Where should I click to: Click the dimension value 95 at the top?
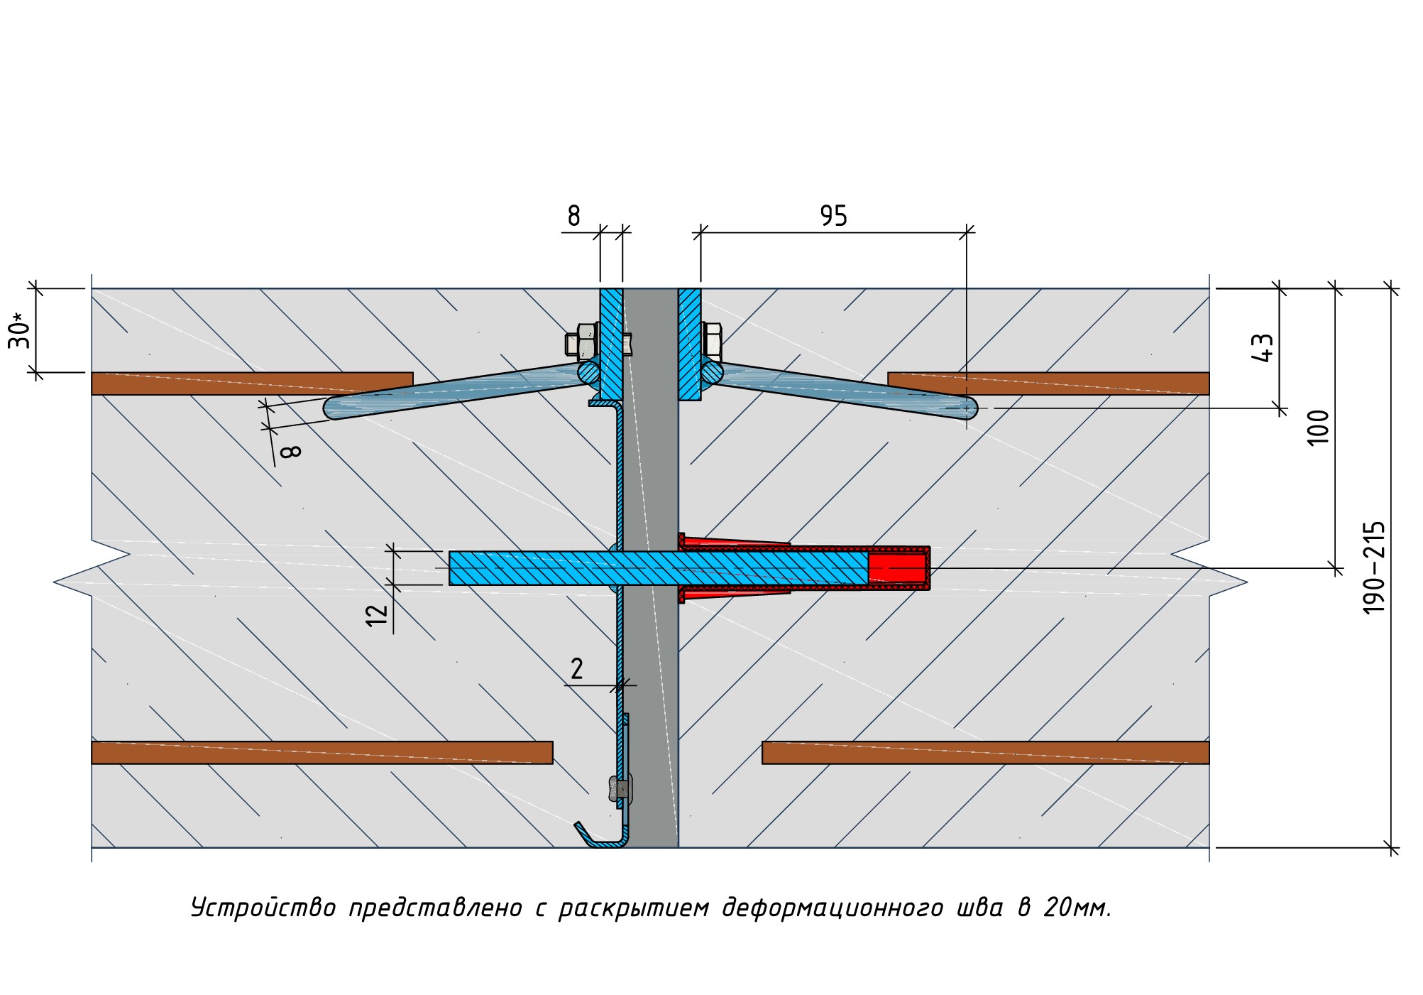pos(833,216)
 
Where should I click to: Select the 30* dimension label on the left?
pos(20,331)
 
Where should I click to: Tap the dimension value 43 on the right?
pos(1263,348)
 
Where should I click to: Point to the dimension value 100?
pos(1317,428)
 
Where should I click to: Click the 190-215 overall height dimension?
pos(1374,567)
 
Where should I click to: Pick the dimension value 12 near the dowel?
pos(378,614)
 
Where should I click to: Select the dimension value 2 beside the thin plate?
pos(577,669)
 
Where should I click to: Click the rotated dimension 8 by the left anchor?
pos(291,451)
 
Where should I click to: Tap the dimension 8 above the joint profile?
pos(573,216)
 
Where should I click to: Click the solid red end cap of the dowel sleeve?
pos(898,568)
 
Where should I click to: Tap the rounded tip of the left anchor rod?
pos(334,408)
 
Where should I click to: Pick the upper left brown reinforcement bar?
pos(252,384)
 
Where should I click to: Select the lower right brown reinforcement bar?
pos(985,753)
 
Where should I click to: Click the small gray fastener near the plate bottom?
pos(620,788)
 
